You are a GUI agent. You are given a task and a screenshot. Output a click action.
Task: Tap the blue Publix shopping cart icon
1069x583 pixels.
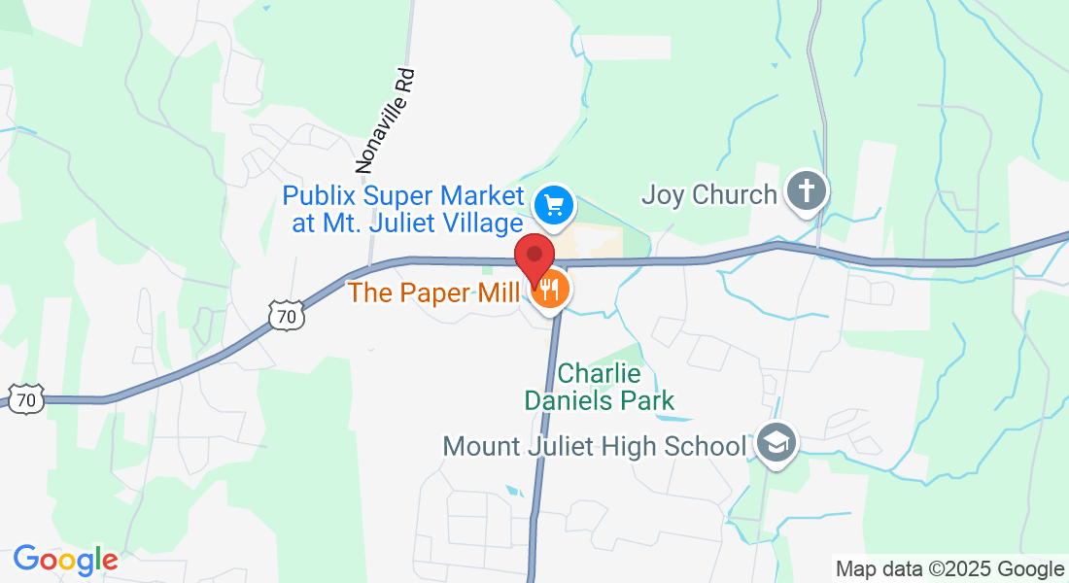(x=555, y=205)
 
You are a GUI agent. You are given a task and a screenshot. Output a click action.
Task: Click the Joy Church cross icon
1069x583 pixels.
(x=806, y=190)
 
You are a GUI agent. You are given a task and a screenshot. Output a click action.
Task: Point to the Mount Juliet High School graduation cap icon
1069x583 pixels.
(x=776, y=444)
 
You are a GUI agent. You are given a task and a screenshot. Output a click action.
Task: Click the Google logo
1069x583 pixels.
(x=65, y=560)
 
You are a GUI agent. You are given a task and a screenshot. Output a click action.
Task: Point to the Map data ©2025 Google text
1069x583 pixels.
(x=949, y=569)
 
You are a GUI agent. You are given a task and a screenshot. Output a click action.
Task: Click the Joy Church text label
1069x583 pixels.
(x=708, y=194)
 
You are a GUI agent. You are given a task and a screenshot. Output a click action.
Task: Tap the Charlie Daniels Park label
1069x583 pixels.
(x=600, y=386)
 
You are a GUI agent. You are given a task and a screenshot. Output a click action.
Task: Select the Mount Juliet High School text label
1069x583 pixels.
(x=594, y=447)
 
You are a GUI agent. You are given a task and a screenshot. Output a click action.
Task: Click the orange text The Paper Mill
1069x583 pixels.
(x=433, y=291)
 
